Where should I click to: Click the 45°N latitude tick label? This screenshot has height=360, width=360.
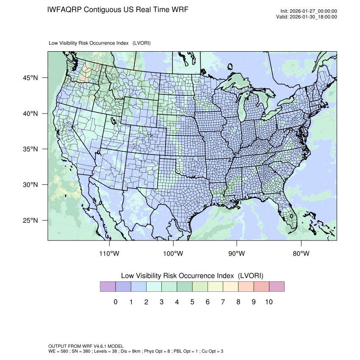[x=30, y=78]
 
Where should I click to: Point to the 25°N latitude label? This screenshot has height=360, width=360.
[x=30, y=221]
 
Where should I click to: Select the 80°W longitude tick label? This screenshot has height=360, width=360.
[x=301, y=254]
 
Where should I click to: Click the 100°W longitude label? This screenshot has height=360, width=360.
[x=173, y=254]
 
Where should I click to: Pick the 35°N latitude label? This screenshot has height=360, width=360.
[x=30, y=150]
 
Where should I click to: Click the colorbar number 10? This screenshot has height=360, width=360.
[x=269, y=302]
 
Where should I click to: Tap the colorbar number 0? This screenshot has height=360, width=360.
[x=115, y=302]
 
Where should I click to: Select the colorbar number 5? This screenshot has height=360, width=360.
[x=192, y=302]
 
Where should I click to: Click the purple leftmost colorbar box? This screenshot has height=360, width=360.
[x=108, y=287]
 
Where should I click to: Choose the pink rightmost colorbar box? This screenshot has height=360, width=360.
[x=277, y=287]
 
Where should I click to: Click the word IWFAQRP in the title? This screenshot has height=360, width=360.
[x=65, y=9]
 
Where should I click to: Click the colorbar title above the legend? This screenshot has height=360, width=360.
[x=192, y=276]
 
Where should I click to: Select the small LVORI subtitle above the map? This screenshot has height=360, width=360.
[x=100, y=43]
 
